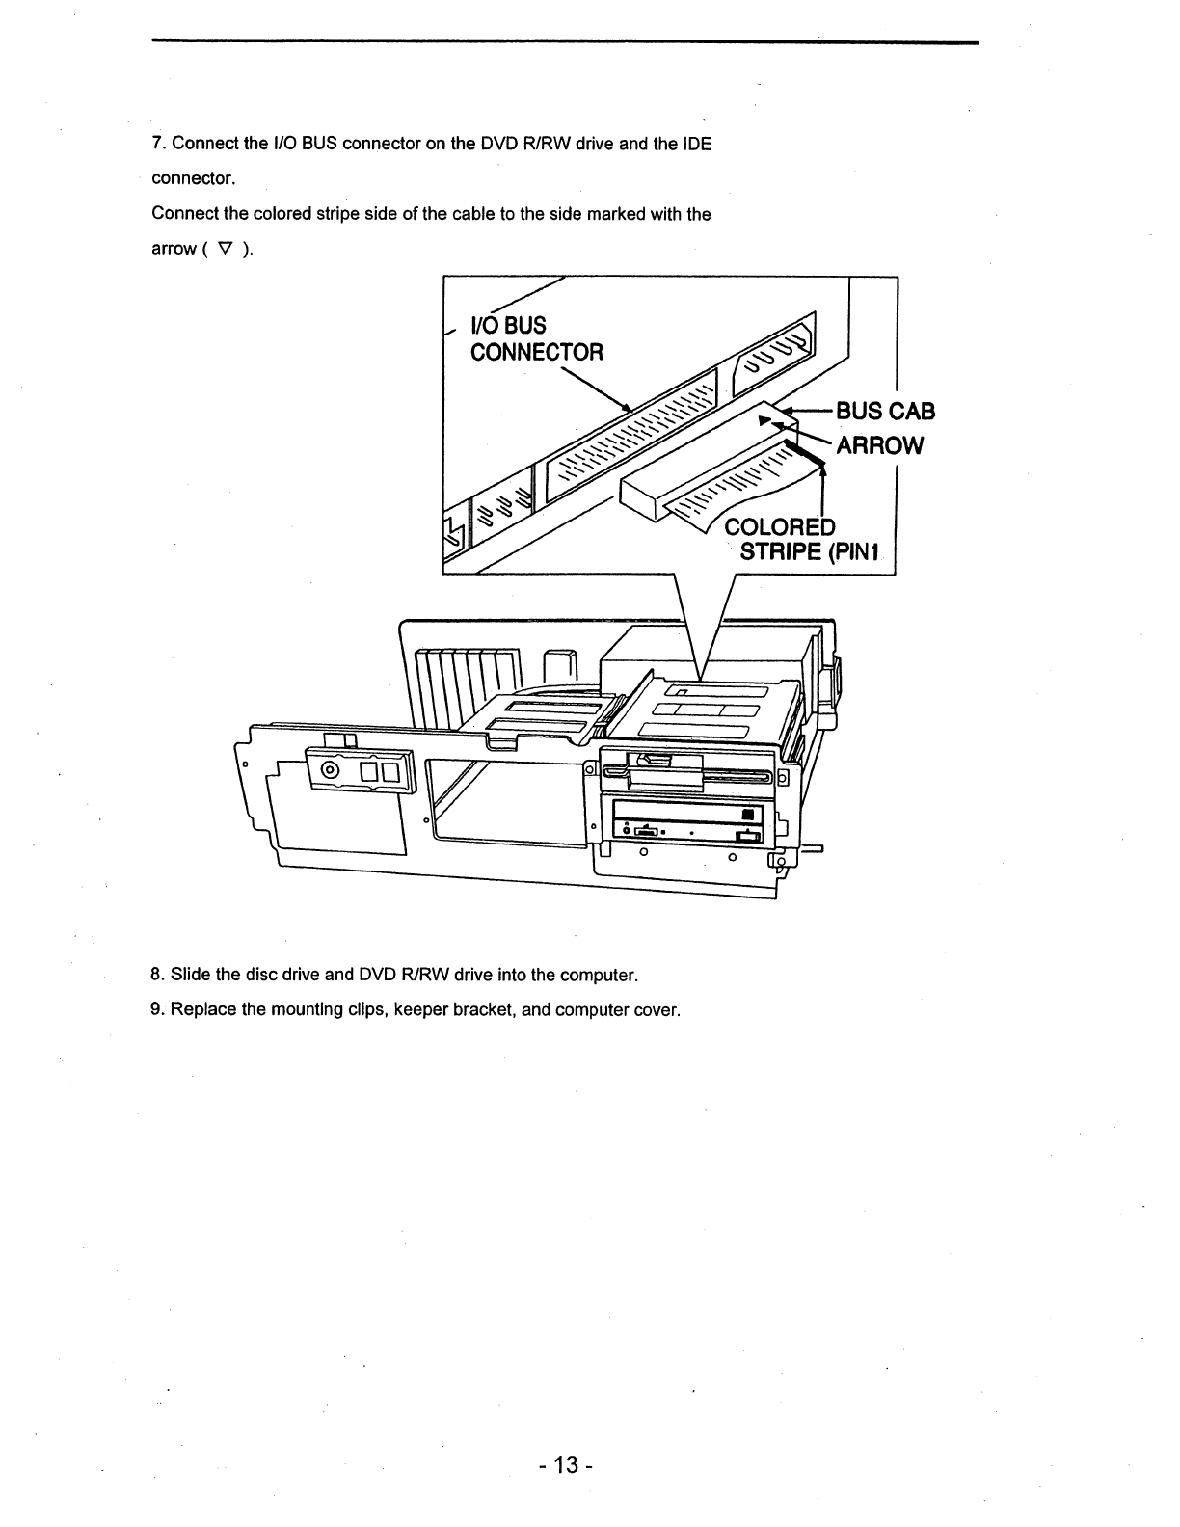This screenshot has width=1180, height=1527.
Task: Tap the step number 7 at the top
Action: click(158, 144)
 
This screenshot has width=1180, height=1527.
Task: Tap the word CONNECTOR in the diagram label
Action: click(536, 352)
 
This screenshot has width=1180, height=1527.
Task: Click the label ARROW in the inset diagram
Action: click(879, 445)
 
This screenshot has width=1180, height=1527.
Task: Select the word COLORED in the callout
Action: click(779, 527)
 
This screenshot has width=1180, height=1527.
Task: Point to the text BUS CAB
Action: click(885, 412)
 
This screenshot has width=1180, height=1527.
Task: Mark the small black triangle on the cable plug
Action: click(765, 421)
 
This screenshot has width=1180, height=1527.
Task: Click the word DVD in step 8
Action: click(374, 975)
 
